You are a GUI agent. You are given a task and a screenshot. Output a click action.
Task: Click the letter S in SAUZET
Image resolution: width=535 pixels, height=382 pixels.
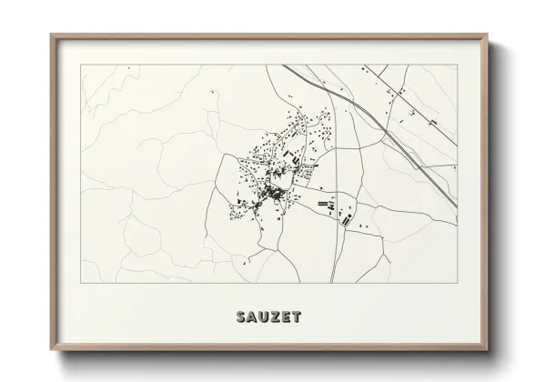coord(240,317)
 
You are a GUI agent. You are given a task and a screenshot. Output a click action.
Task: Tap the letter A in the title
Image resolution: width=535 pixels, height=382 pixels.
coord(252,317)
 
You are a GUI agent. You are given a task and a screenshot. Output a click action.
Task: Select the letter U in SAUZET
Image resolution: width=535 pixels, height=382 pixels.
coord(264,317)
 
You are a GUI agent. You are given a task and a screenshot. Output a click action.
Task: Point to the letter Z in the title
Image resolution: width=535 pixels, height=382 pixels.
coord(276,317)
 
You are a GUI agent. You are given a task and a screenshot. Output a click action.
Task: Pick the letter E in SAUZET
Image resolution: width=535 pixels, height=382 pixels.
coord(287,317)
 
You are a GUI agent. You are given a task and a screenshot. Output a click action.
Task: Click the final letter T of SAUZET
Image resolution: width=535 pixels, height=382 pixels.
coord(298,317)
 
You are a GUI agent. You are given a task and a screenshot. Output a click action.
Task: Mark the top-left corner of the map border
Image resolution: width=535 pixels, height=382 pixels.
coord(81,65)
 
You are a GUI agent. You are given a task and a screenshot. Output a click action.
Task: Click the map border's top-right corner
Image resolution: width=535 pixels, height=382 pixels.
coord(457,65)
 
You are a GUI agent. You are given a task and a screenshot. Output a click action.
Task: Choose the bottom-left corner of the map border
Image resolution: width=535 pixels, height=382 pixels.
coord(81,283)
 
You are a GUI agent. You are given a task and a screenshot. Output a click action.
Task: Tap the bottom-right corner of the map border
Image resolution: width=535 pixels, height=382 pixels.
coord(457,283)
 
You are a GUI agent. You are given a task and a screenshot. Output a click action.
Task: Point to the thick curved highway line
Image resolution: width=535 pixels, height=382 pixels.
coord(382,127)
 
